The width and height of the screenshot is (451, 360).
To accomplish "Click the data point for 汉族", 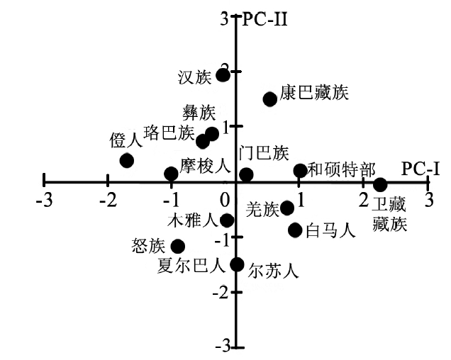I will tap(223, 74).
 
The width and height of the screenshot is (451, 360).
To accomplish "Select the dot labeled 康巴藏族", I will tap(269, 99).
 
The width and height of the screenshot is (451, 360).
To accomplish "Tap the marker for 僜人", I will tap(126, 160).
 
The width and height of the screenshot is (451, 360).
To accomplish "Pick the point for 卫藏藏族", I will tap(380, 185).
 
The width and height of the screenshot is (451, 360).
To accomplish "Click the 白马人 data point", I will tap(295, 230).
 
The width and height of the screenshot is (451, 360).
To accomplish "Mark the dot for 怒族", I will tap(178, 247).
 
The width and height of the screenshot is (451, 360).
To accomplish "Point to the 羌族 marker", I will tap(287, 208).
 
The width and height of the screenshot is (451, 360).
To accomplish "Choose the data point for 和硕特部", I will tap(300, 170).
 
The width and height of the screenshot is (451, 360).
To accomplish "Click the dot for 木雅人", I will tap(227, 220).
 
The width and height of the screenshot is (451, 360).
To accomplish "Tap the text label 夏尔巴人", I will tap(191, 266).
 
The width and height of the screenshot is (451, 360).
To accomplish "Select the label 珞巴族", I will tap(169, 133).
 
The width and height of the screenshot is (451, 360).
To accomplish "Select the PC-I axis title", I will tap(421, 168).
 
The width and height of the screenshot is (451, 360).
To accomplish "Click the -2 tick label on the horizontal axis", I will tap(107, 200).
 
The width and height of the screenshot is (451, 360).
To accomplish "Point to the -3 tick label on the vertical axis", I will tap(223, 347).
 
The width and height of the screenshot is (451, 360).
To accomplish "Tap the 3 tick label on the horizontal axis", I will tap(428, 200).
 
